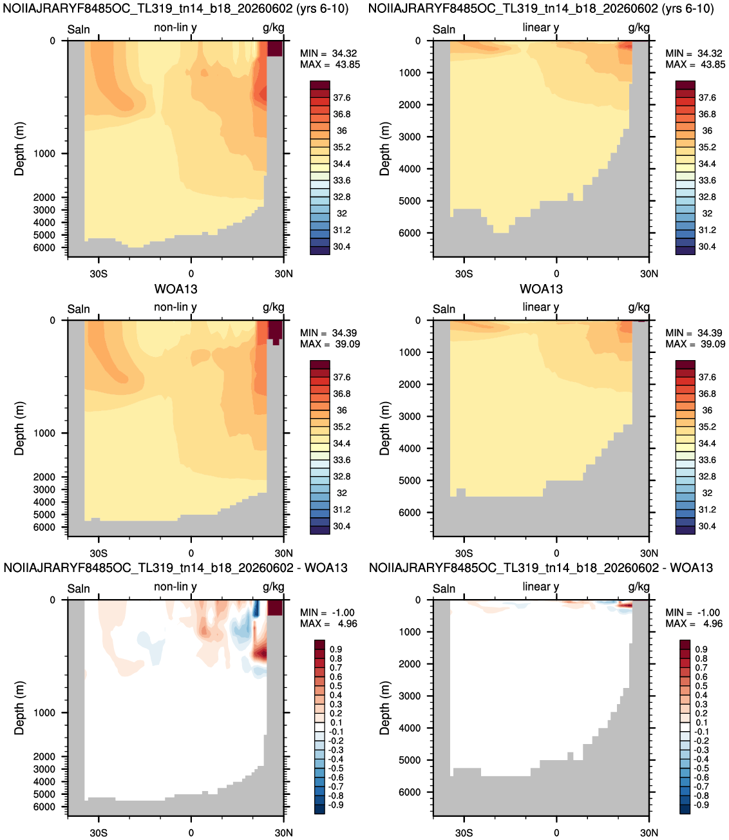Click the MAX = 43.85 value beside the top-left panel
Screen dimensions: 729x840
(x=330, y=64)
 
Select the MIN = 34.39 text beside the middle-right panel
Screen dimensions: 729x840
(x=695, y=333)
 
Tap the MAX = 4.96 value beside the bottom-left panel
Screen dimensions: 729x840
(x=328, y=624)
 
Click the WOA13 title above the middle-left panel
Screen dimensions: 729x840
(x=176, y=289)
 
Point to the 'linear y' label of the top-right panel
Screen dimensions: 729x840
(x=540, y=28)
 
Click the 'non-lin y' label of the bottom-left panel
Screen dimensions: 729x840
(x=175, y=587)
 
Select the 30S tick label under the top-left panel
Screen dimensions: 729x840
(x=99, y=273)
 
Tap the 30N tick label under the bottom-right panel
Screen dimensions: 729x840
(x=649, y=833)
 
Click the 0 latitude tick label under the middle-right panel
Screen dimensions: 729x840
(x=556, y=553)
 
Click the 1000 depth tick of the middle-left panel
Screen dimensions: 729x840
(x=44, y=433)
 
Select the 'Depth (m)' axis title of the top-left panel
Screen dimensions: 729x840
(x=19, y=149)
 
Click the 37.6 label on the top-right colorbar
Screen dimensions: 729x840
(x=707, y=98)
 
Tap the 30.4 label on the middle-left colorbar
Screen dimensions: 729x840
(x=341, y=526)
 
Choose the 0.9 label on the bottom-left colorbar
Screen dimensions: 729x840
(x=336, y=649)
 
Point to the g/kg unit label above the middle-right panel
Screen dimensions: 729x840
(x=639, y=307)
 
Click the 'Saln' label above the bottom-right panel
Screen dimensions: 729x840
(x=444, y=589)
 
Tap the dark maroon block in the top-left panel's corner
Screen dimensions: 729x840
(x=274, y=48)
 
